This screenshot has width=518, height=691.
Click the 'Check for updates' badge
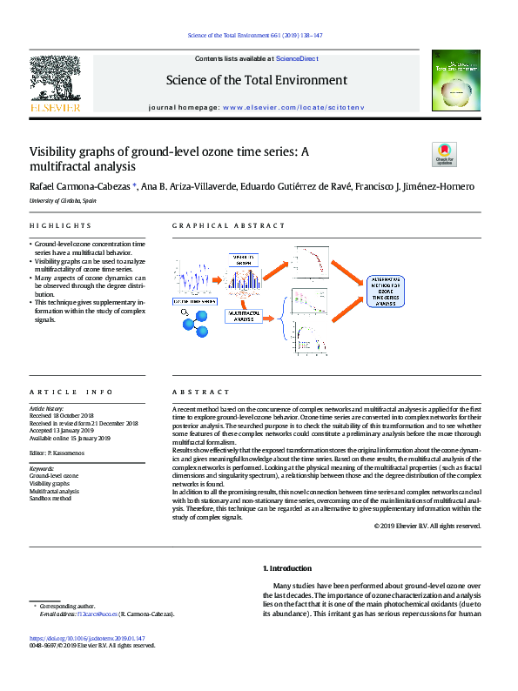click(444, 154)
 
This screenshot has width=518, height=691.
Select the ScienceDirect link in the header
click(297, 58)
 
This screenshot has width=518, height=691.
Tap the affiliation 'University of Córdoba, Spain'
click(63, 200)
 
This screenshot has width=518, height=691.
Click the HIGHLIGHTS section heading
click(54, 226)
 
